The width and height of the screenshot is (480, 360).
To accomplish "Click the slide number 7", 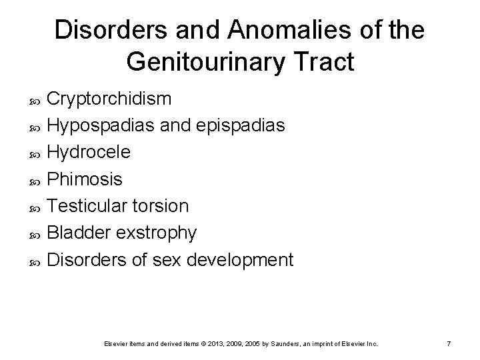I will click(449, 343).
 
